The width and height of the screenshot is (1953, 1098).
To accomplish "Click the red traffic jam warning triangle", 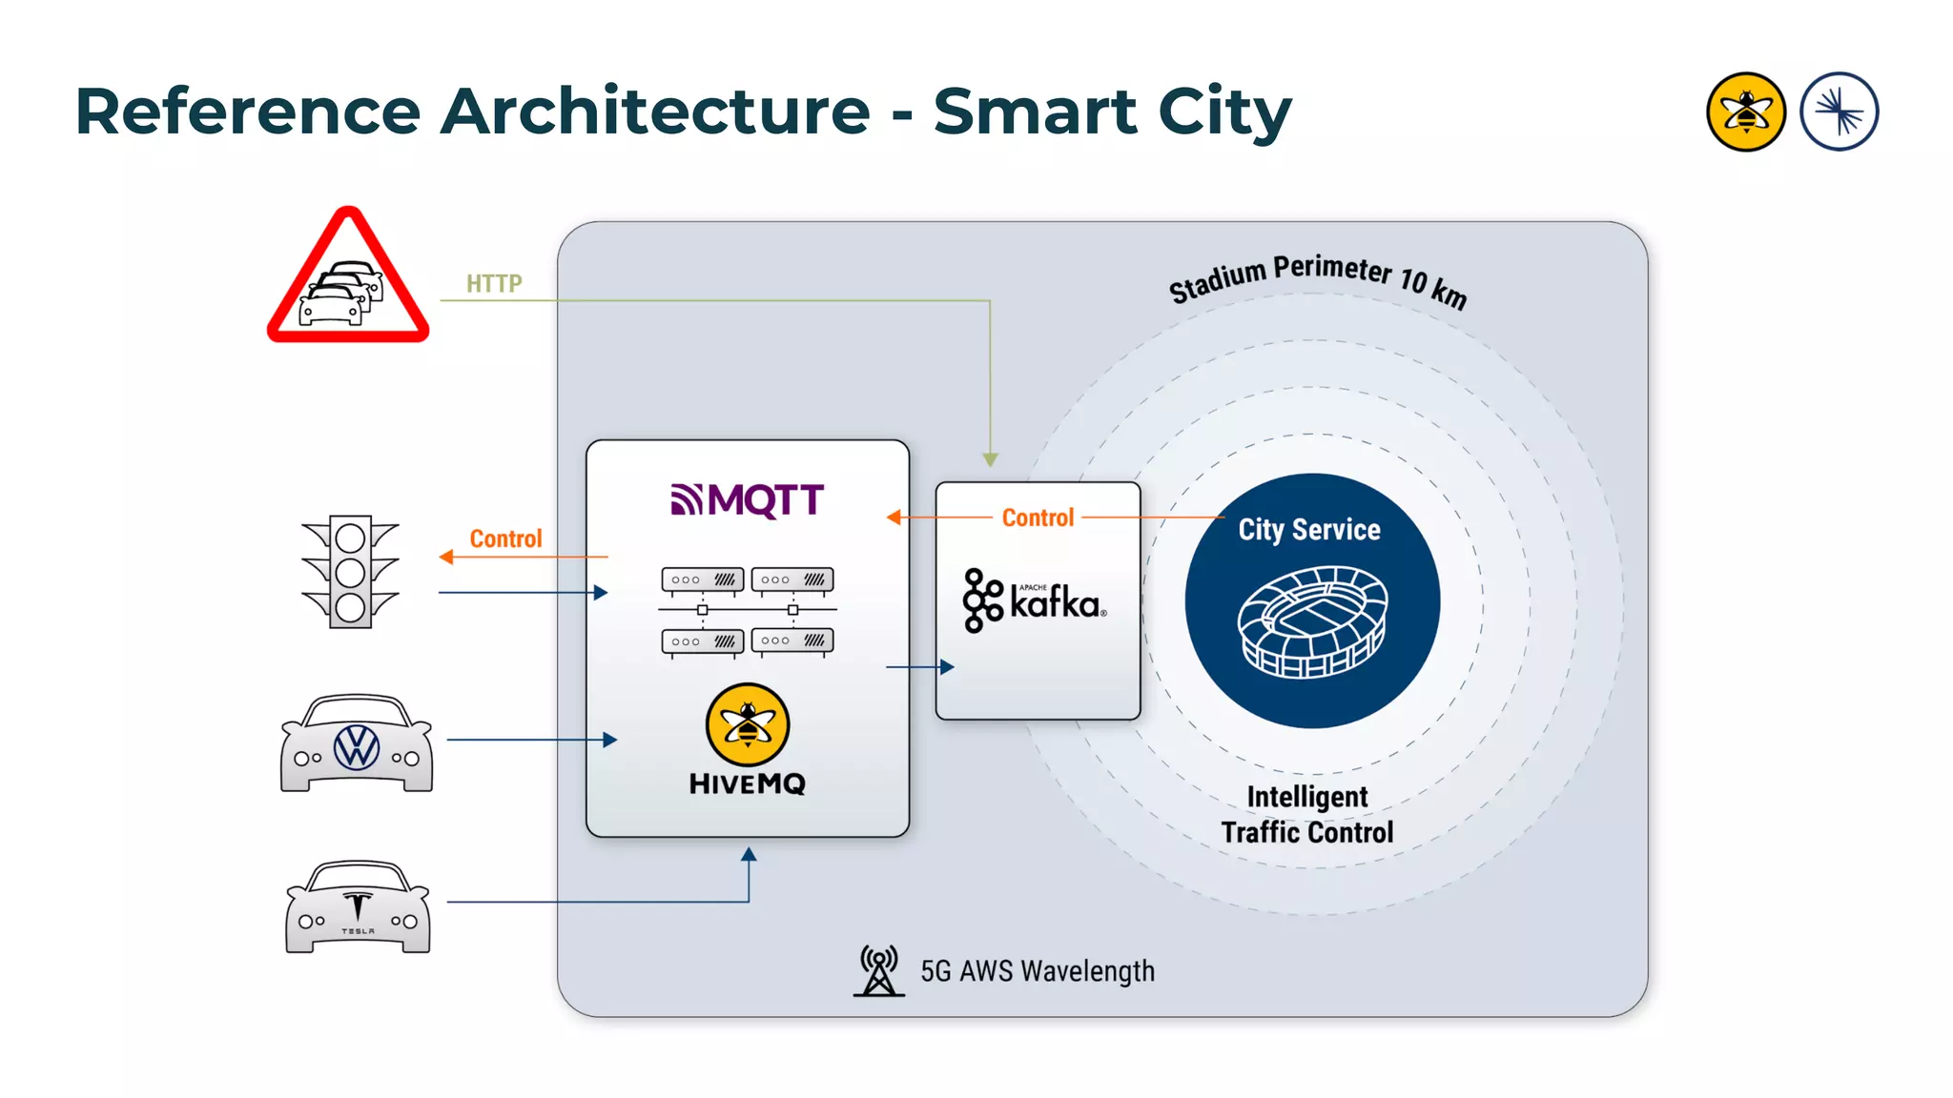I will click(348, 278).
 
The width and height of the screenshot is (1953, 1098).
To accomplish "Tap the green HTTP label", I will click(494, 283).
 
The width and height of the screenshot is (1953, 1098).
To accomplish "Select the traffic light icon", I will click(350, 571).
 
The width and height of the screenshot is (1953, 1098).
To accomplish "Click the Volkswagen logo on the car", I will click(357, 747).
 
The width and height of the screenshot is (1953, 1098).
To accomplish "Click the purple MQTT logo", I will click(747, 499).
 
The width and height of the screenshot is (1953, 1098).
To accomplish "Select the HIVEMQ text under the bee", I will click(748, 784).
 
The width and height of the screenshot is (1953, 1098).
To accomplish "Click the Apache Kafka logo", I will click(1036, 600).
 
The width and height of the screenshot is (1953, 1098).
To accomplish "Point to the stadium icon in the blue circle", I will click(1312, 621).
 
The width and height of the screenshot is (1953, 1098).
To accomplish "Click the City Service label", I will click(1309, 530).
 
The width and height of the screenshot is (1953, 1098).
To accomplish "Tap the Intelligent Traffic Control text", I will click(1307, 815).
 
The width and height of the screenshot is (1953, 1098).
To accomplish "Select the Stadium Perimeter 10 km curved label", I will click(1318, 279).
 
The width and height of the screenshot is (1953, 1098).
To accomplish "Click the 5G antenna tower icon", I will click(878, 970).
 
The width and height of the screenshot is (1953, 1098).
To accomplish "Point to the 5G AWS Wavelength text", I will click(1038, 971).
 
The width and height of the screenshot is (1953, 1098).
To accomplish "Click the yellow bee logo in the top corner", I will click(1746, 112).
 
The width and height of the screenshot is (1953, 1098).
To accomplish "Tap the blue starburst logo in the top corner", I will click(1840, 112).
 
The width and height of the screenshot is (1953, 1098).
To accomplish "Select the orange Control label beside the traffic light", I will click(505, 539).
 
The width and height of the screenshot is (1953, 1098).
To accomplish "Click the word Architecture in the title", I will click(655, 112).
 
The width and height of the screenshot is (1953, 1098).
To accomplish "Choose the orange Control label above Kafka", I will click(1038, 518).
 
